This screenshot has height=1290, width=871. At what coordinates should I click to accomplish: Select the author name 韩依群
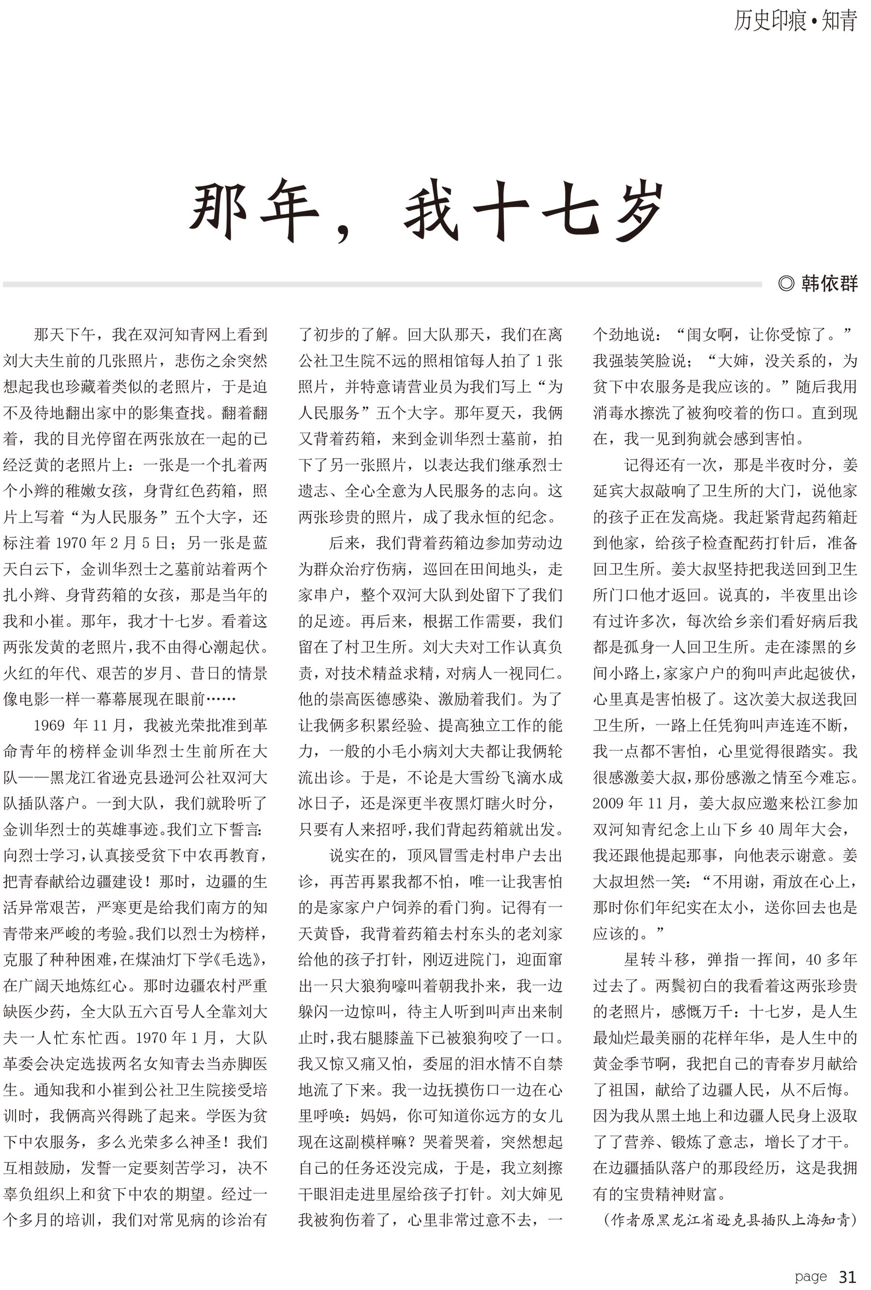tap(829, 284)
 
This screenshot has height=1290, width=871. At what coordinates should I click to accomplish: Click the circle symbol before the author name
tap(785, 284)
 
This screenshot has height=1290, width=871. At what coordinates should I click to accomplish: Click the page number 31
tap(847, 1276)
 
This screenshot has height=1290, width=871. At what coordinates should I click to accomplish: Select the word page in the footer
tap(811, 1276)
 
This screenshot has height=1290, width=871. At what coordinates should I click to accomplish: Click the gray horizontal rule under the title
tap(383, 284)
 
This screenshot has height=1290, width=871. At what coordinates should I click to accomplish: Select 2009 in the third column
tap(609, 803)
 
